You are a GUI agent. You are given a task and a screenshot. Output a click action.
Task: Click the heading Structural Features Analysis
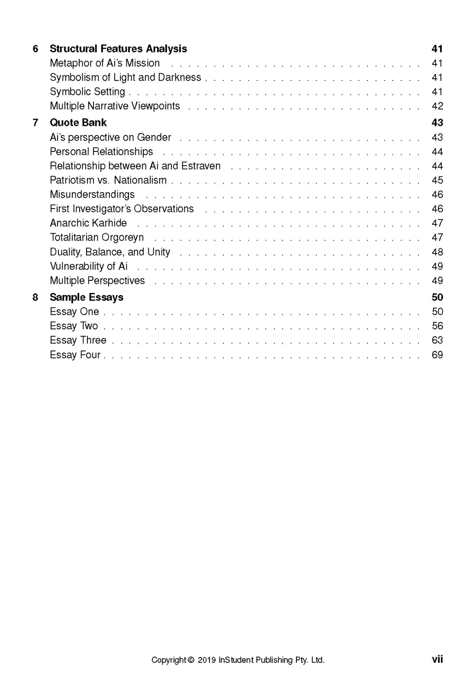(118, 49)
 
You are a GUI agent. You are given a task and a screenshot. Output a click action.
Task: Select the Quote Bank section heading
(78, 123)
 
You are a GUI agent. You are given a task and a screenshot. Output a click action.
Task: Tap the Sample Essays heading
(87, 297)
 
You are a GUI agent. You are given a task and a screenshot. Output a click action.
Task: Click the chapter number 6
(35, 49)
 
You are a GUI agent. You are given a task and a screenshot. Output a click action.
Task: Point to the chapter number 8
(35, 297)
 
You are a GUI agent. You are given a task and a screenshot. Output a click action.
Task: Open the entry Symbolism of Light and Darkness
(125, 77)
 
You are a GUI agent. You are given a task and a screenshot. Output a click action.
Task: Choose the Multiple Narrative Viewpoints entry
(115, 106)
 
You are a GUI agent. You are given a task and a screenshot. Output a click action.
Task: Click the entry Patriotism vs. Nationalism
(108, 180)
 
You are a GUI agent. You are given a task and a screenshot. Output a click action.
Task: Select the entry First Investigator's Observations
(122, 209)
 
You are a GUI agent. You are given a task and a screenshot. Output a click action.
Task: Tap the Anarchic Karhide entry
(88, 223)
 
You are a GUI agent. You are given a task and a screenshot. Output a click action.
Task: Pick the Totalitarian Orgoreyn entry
(96, 238)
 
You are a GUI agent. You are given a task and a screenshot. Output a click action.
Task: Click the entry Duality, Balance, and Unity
(110, 252)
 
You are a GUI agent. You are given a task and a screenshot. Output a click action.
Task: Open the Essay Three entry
(78, 341)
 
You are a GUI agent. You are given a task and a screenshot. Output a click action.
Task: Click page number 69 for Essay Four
(437, 355)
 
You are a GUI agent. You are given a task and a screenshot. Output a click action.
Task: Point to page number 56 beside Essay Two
(437, 326)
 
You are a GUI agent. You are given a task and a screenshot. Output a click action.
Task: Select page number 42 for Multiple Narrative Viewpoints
(437, 106)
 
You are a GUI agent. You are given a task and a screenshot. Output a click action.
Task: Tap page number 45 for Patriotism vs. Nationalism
(437, 180)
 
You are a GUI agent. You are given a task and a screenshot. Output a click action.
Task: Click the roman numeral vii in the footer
(437, 659)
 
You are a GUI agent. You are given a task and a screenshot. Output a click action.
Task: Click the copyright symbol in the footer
(191, 660)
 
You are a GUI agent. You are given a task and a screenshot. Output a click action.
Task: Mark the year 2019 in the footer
(206, 660)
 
